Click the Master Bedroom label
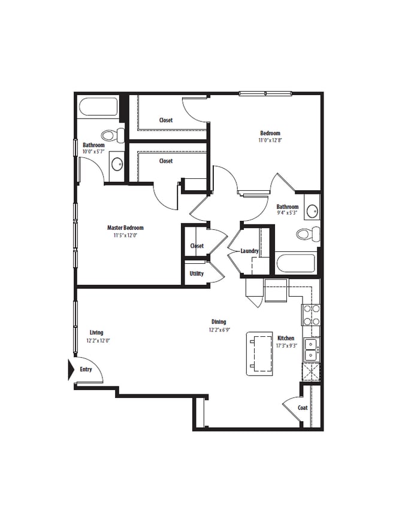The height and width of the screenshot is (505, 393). [125, 227]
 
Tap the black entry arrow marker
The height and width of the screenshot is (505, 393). [71, 369]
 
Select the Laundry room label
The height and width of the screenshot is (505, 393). [249, 251]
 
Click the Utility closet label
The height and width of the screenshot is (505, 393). [196, 273]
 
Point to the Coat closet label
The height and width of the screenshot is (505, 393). [303, 408]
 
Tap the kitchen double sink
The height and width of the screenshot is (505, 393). [311, 350]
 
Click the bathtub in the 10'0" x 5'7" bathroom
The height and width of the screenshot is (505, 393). [98, 108]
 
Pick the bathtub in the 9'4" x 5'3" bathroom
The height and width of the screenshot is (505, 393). [295, 263]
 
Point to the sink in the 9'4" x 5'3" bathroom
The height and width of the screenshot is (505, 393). [312, 211]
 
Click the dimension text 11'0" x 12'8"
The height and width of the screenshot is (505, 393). [270, 141]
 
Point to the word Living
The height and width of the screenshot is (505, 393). [96, 333]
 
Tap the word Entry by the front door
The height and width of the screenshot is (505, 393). [86, 370]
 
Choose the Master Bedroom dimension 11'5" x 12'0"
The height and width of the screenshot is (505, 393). [125, 235]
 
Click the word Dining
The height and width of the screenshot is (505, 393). [218, 322]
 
